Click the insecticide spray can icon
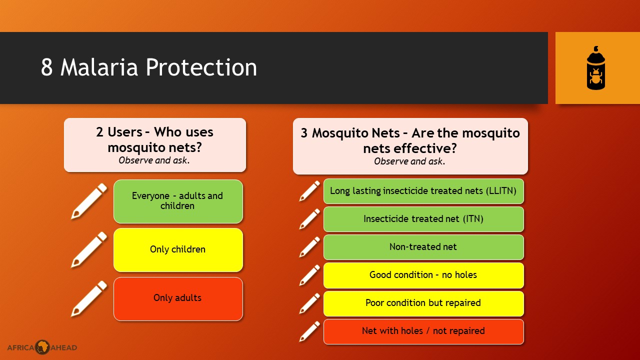(595, 68)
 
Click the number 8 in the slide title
(47, 67)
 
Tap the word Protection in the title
(201, 67)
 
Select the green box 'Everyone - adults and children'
(178, 201)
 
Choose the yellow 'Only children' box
(178, 250)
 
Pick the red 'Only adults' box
(178, 299)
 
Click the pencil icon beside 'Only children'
(89, 249)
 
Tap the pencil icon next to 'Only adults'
(89, 298)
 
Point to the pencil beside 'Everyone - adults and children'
(89, 201)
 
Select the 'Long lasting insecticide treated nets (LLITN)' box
(423, 191)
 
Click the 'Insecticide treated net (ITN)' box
(423, 219)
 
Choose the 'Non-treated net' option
(423, 247)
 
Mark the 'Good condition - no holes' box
(423, 275)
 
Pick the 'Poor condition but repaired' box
(423, 303)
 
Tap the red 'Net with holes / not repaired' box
(423, 331)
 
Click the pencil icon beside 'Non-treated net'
(309, 247)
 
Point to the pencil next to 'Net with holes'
(309, 331)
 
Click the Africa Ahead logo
(42, 347)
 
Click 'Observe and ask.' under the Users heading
(154, 160)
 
